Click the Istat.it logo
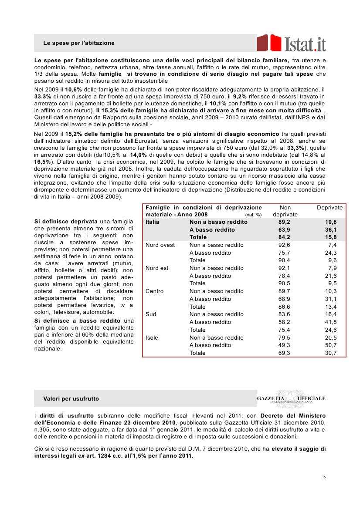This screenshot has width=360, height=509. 291,44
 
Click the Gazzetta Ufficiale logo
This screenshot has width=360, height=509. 291,398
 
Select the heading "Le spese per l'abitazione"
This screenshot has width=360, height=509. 79,43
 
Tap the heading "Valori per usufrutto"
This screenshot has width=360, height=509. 71,398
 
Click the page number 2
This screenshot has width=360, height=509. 324,479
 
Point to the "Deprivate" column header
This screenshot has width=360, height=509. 329,208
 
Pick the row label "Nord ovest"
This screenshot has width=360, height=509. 160,245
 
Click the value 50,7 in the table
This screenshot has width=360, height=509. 331,345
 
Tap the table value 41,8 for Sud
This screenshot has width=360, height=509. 331,322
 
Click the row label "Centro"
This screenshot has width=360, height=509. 155,291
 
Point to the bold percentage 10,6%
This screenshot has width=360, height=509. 74,89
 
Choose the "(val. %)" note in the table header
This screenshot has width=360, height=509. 253,215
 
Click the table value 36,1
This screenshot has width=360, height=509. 331,230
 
